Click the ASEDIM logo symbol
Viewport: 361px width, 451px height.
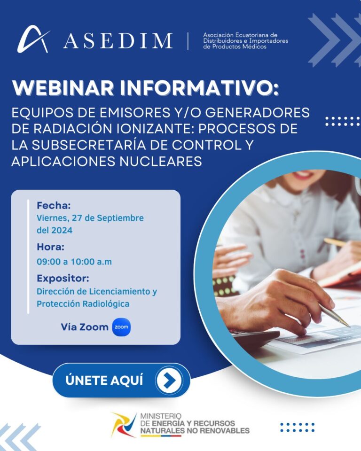click(33, 39)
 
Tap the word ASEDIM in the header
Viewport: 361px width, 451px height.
click(118, 41)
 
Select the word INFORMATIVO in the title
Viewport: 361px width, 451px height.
click(199, 88)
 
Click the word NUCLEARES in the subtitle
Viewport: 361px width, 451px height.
click(161, 161)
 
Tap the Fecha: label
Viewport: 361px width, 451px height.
click(54, 205)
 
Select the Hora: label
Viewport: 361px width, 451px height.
click(50, 247)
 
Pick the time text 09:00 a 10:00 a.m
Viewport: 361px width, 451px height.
click(74, 262)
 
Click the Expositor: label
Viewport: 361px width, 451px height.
click(63, 278)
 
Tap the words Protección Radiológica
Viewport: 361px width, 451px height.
click(83, 304)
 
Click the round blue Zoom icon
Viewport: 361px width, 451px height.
click(121, 327)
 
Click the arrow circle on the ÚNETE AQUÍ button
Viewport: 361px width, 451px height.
click(169, 380)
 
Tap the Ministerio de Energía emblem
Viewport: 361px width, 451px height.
click(124, 425)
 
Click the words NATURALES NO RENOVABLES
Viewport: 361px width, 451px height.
click(195, 431)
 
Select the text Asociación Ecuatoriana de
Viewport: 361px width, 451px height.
click(240, 35)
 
